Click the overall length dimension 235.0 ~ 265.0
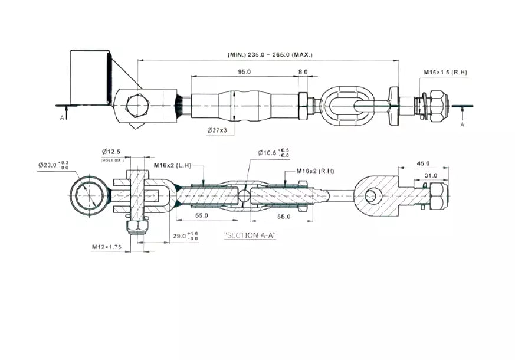(x=270, y=55)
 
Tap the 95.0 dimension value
(x=244, y=71)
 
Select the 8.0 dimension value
(x=303, y=71)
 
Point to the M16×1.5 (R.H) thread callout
(x=445, y=73)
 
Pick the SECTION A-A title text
(x=250, y=235)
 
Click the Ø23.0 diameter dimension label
(x=53, y=165)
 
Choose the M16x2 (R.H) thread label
(x=315, y=171)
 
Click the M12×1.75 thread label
(x=106, y=247)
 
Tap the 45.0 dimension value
(x=423, y=163)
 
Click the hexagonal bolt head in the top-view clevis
(x=137, y=105)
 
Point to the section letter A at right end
(x=462, y=125)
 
